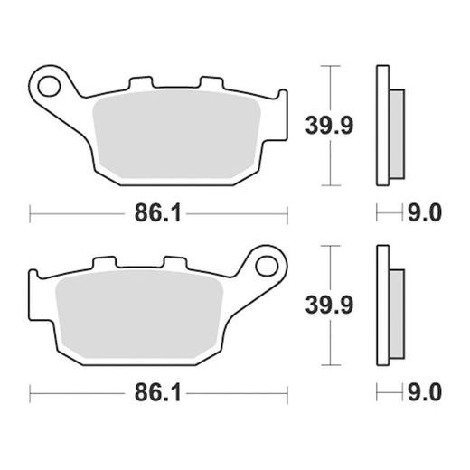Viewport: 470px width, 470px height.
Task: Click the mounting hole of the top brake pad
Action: [x=49, y=87]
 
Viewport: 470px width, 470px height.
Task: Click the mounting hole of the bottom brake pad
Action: [x=267, y=266]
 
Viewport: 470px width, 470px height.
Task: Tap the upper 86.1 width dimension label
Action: [x=157, y=213]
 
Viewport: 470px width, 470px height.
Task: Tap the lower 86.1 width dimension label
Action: [x=157, y=392]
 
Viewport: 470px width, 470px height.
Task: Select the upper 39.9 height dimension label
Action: [x=329, y=126]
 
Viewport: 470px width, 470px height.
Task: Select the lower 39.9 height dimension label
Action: [x=329, y=305]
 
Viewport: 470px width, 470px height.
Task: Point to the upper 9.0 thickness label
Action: [x=425, y=213]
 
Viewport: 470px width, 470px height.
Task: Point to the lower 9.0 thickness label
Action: [x=425, y=392]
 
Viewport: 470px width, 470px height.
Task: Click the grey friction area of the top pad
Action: [x=176, y=135]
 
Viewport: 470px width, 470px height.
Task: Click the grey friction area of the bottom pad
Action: [x=139, y=314]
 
